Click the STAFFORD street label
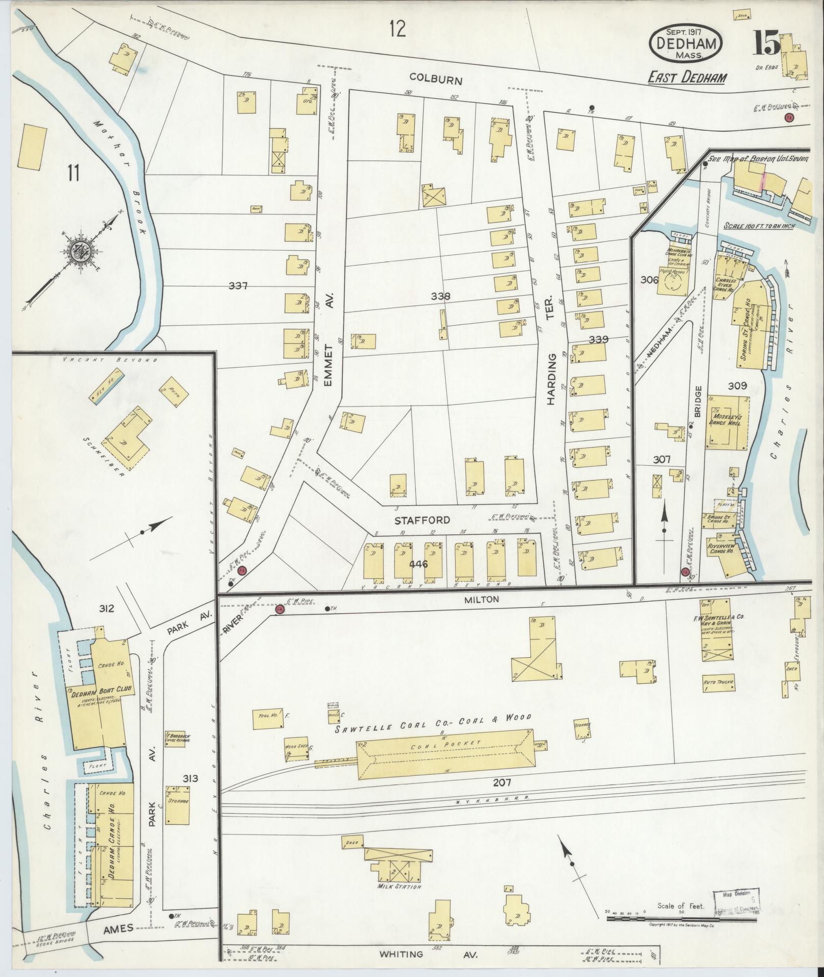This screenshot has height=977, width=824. click(422, 520)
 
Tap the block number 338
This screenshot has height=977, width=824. click(440, 296)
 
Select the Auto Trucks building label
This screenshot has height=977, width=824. click(718, 682)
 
